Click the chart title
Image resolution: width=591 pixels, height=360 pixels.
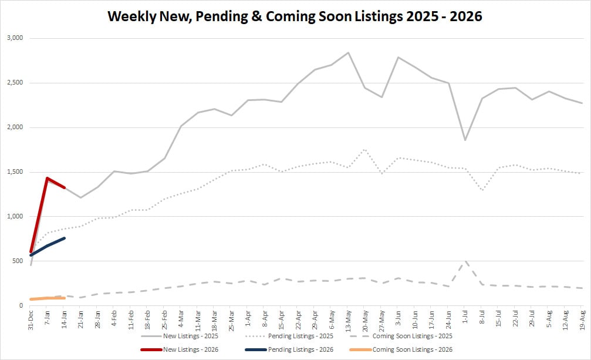click(x=295, y=16)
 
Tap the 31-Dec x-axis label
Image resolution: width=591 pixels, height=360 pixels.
click(x=31, y=321)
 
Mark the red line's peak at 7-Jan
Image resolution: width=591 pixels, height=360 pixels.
click(x=47, y=178)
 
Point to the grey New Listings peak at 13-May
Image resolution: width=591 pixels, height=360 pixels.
click(x=348, y=53)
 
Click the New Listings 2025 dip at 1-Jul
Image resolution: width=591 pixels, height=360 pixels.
click(x=465, y=140)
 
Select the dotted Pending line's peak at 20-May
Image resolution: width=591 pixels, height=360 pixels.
click(x=364, y=149)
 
